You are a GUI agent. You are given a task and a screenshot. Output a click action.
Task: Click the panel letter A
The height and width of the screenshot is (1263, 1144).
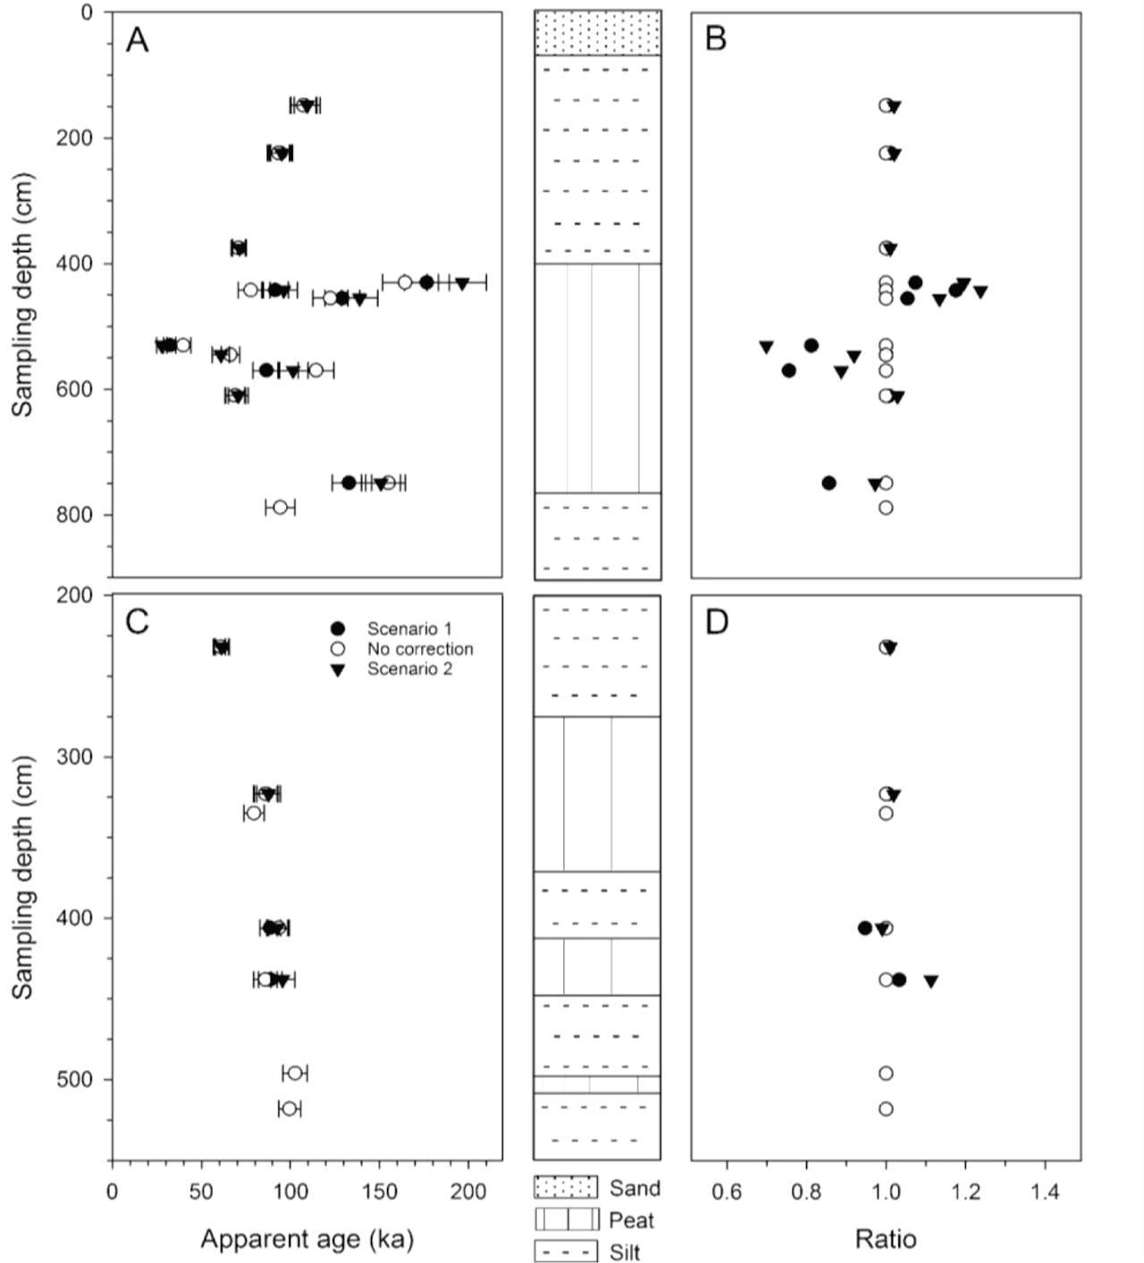tap(137, 40)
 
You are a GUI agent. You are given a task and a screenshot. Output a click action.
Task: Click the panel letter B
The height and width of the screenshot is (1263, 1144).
tap(716, 39)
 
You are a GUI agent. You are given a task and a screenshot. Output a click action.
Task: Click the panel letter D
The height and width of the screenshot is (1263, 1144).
tap(717, 622)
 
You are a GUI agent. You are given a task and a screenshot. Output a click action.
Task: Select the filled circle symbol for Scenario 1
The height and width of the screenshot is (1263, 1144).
tap(338, 630)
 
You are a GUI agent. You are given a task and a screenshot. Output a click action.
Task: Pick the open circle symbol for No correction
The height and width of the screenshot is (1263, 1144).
tap(338, 649)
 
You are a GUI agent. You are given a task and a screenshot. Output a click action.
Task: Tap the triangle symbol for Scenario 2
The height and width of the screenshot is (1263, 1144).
tap(338, 670)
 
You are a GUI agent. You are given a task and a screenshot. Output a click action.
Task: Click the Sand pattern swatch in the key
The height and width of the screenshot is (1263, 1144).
tap(566, 1187)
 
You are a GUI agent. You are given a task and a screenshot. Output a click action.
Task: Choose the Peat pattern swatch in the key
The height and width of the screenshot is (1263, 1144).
tap(566, 1219)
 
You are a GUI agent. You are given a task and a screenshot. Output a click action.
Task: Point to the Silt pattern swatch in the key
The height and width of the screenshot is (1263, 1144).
tap(566, 1251)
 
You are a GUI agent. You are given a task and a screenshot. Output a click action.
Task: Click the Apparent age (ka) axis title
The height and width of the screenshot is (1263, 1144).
tap(307, 1239)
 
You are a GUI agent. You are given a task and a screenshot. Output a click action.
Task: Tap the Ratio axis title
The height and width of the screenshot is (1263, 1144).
tap(885, 1239)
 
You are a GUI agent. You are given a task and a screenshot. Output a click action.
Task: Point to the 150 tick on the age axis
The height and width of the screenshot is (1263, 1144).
tap(379, 1192)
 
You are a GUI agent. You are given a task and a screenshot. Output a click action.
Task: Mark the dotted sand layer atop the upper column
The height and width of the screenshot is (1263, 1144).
tap(597, 33)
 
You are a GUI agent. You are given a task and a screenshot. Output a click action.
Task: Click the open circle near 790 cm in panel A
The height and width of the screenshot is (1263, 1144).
tap(280, 507)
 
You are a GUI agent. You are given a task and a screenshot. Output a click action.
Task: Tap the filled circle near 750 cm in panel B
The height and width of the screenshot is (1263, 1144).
tap(829, 483)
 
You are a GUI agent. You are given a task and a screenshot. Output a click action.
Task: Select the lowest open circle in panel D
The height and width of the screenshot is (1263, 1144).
tap(886, 1108)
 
